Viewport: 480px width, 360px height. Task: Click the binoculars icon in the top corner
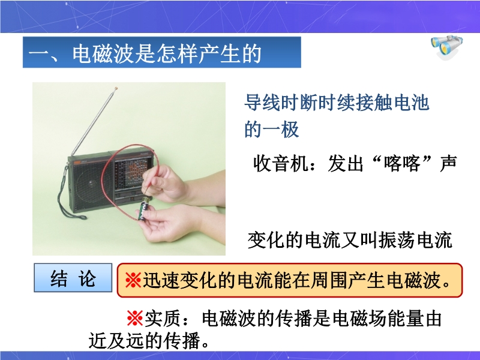point(447,47)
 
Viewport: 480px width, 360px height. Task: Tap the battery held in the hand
point(144,208)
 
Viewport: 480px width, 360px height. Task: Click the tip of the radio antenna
point(116,89)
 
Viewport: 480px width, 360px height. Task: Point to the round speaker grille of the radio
point(91,184)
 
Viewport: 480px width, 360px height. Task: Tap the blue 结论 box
point(73,278)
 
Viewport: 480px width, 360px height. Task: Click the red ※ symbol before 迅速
point(133,280)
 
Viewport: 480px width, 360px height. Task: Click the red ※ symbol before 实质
point(135,319)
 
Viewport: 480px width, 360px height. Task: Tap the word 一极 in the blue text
point(281,130)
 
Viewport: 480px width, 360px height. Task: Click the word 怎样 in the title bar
point(178,54)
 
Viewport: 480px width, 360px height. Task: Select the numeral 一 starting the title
point(40,55)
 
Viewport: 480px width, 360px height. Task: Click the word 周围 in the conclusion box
point(329,280)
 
